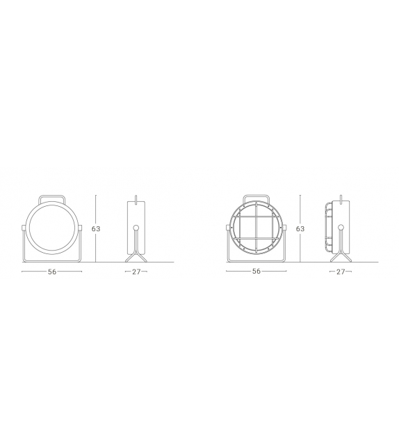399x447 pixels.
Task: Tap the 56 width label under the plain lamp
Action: coord(52,272)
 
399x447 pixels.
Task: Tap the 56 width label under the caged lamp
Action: coord(256,272)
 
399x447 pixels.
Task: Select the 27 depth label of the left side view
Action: coord(136,272)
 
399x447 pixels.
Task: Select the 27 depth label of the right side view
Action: coord(340,272)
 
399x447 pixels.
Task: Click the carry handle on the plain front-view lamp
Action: coord(52,197)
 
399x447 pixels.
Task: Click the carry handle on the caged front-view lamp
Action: coord(256,197)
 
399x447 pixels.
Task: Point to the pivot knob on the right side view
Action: coord(341,227)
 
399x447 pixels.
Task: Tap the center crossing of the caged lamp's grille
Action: coord(256,228)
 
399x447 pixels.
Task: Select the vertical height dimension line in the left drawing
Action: coord(96,209)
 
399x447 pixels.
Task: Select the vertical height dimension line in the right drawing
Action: coord(300,209)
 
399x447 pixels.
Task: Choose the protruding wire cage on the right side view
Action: coord(327,228)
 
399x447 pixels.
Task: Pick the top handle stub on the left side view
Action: coord(136,197)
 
